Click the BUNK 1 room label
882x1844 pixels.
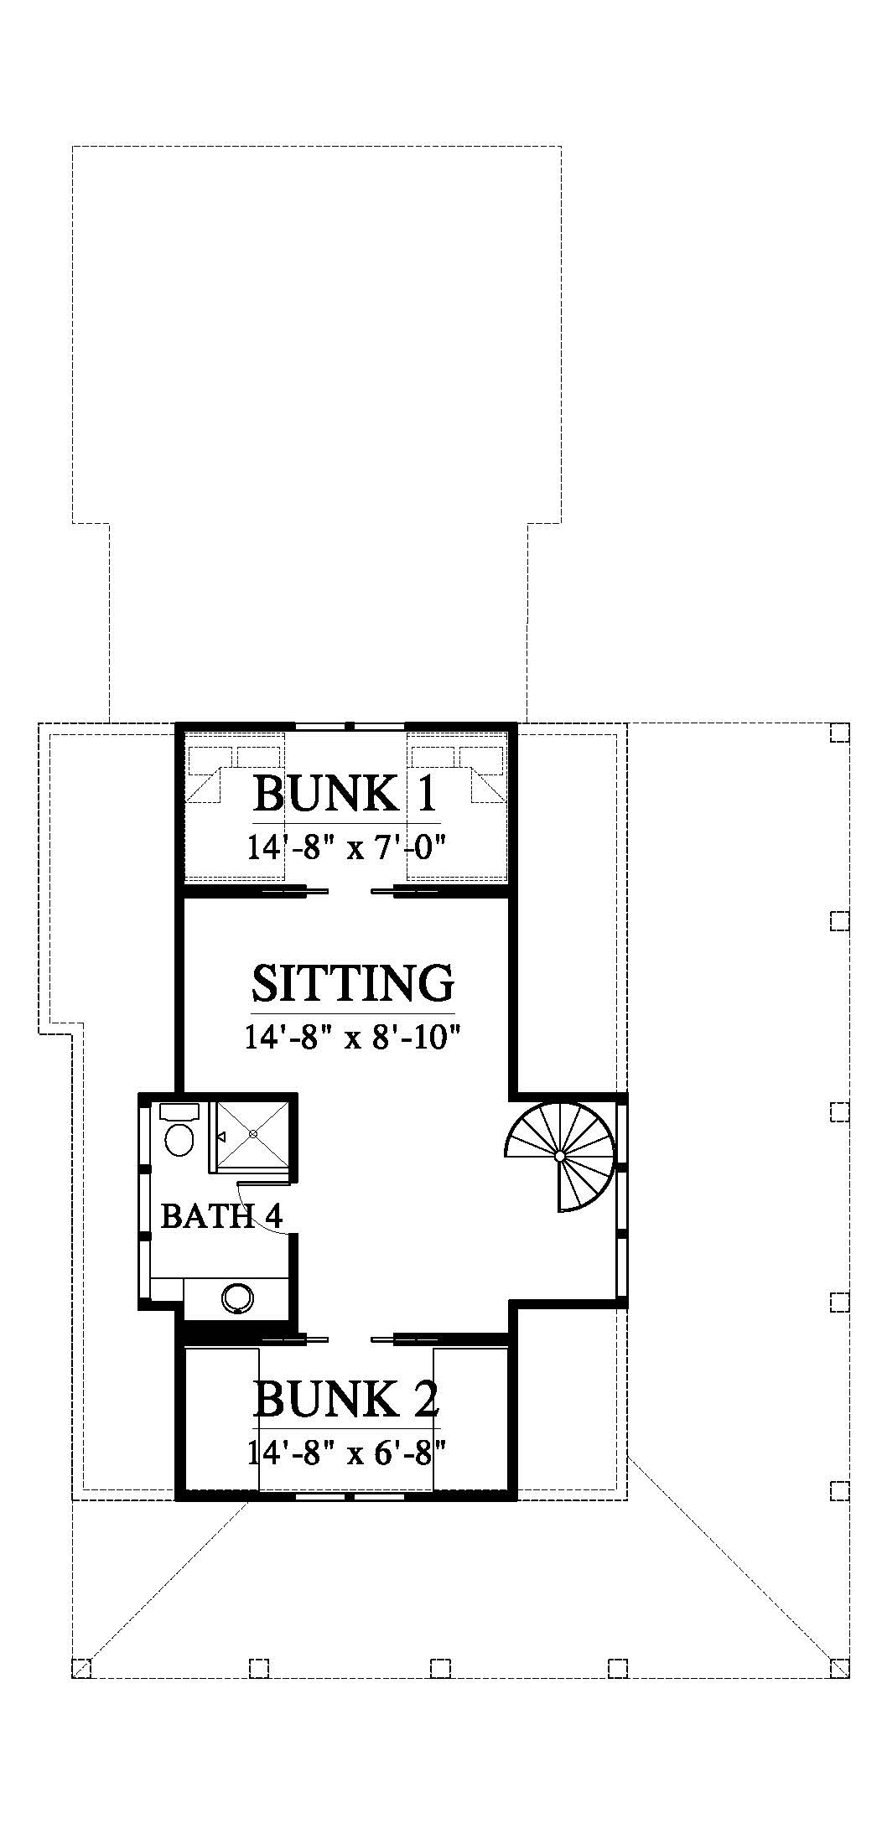coord(345,794)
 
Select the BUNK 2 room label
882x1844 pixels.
coord(346,1398)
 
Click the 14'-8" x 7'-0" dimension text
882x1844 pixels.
coord(345,847)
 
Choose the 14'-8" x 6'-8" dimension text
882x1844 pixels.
coord(345,1451)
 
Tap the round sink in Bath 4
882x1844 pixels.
coord(237,1298)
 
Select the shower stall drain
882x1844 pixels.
coord(252,1133)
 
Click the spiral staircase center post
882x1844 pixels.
coord(560,1155)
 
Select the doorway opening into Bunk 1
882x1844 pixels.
coord(345,891)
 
